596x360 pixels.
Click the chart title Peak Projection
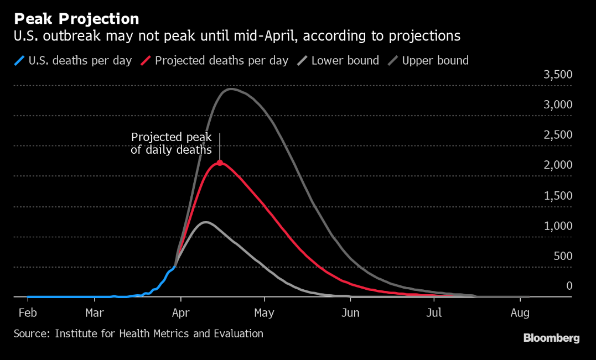[76, 19]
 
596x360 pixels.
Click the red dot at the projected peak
[220, 163]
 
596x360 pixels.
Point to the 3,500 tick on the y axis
[558, 75]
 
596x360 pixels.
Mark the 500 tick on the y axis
[563, 256]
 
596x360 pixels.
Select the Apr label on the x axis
[180, 313]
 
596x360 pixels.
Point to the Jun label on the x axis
[350, 313]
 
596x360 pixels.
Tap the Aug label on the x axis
[520, 313]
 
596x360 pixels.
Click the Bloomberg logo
[551, 338]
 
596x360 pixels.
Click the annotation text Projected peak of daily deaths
[171, 143]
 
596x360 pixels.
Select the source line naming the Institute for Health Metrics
[138, 333]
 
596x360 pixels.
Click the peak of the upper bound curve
[230, 89]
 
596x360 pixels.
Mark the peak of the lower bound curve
[205, 222]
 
